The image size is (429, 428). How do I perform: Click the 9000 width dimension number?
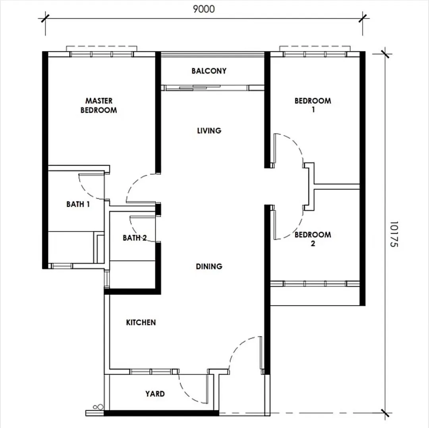click(x=204, y=9)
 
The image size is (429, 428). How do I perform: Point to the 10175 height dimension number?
click(x=394, y=234)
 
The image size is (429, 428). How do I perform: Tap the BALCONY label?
click(x=209, y=71)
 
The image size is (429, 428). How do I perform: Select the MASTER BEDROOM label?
click(x=99, y=105)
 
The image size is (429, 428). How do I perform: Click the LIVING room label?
click(x=209, y=130)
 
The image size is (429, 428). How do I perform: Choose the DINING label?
click(x=209, y=266)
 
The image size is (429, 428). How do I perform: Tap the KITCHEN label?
click(x=141, y=322)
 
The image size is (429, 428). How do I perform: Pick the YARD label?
click(x=155, y=394)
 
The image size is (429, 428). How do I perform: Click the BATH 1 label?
click(x=78, y=204)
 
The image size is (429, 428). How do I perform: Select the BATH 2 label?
click(x=135, y=238)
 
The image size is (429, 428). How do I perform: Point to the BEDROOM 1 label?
click(x=313, y=105)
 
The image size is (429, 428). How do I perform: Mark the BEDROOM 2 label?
click(x=313, y=239)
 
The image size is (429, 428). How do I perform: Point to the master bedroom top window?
click(x=102, y=54)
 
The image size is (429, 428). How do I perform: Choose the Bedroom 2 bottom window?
click(x=315, y=283)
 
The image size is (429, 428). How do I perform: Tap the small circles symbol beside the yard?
click(x=98, y=407)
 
